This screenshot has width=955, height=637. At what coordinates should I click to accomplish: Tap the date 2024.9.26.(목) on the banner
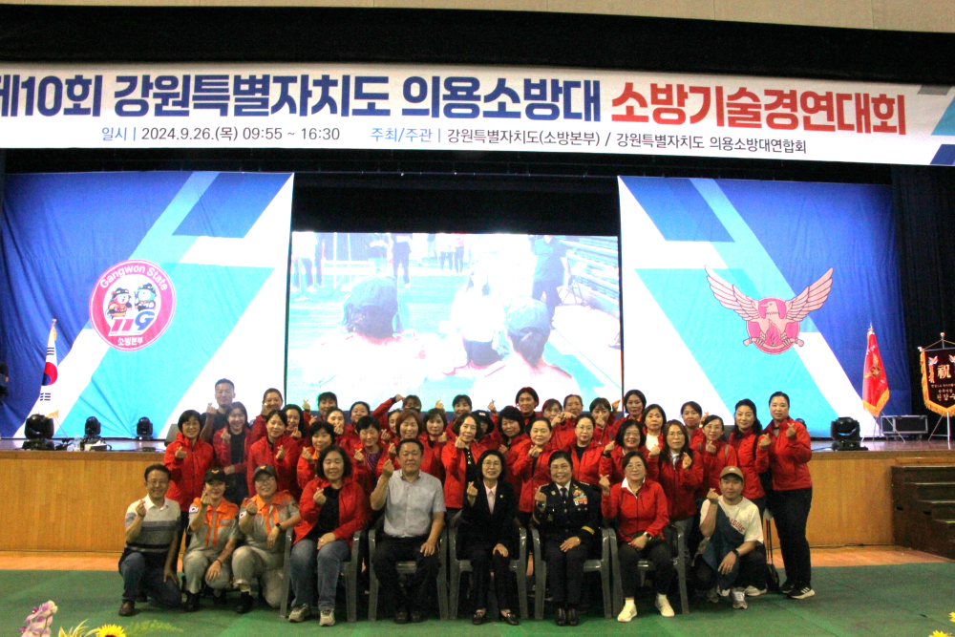(x=188, y=134)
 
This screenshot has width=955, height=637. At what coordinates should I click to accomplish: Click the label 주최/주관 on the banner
(x=401, y=135)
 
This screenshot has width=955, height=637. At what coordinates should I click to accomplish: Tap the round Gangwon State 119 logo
(x=132, y=305)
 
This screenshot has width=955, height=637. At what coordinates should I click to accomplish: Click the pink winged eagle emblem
(x=771, y=309)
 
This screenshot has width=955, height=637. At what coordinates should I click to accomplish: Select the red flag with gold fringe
(x=875, y=373)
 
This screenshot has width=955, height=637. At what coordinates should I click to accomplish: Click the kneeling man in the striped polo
(x=152, y=540)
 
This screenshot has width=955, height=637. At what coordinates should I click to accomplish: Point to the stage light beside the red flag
(x=845, y=433)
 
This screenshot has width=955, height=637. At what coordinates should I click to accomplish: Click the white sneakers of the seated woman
(x=645, y=607)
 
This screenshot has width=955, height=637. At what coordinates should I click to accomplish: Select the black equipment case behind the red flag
(x=903, y=425)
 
